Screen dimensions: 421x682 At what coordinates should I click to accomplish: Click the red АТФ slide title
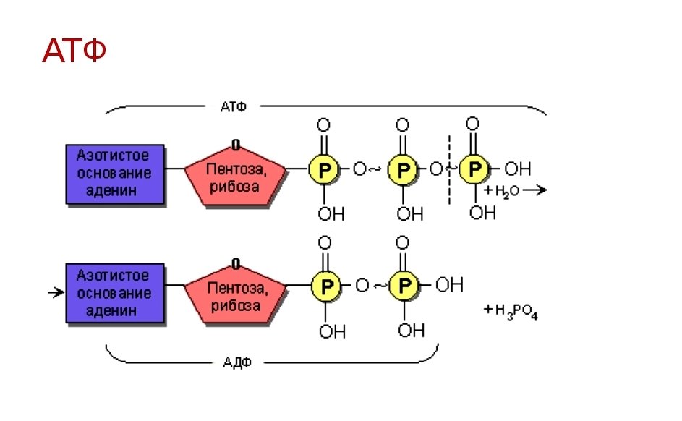pos(74,51)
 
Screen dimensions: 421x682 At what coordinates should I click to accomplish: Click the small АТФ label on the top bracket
pos(233,106)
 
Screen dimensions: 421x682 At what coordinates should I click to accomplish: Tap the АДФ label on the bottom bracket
pos(237,362)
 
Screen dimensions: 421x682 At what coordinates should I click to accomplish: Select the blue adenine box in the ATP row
pos(115,174)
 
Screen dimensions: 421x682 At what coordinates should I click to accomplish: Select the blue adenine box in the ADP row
pos(115,293)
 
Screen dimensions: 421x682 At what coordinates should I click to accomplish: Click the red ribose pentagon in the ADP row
pos(235,296)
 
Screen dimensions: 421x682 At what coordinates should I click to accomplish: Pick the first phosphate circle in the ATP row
pos(323,170)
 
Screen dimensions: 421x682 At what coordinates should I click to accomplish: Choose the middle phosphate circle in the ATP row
pos(402,170)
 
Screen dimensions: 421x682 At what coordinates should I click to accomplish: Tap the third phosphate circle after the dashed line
pos(474,169)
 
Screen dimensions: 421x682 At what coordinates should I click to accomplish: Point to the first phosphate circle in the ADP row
pos(325,287)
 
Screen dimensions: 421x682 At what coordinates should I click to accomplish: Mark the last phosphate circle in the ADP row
pos(403,286)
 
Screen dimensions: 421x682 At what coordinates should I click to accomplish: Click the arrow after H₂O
pos(535,190)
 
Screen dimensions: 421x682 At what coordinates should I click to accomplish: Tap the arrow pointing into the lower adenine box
pos(55,293)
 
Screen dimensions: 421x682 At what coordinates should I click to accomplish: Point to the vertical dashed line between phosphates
pos(450,170)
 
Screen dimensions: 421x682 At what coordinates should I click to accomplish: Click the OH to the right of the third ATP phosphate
pos(516,169)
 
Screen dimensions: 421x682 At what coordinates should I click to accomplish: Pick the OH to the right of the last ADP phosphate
pos(448,286)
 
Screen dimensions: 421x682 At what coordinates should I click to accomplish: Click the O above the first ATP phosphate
pos(323,124)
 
